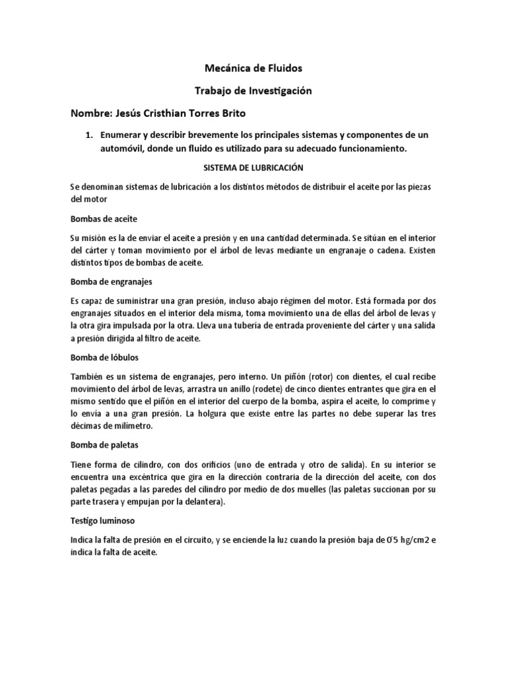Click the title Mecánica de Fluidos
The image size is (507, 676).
point(254,68)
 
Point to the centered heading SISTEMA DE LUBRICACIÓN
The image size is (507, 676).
point(254,168)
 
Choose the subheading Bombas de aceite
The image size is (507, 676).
point(104,219)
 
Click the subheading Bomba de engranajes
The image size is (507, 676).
point(112,281)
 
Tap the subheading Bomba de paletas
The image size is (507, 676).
point(104,444)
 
